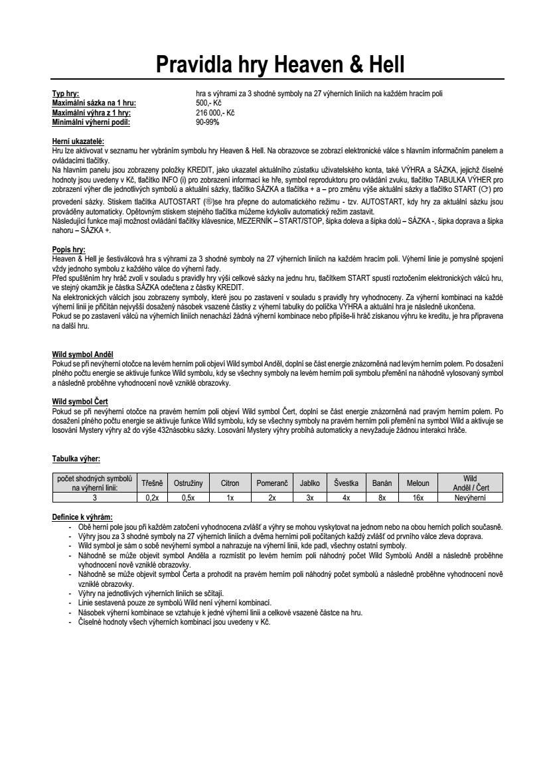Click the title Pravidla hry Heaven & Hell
tap(279, 64)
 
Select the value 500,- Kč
tap(208, 104)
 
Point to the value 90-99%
tap(207, 122)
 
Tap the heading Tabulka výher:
tap(76, 458)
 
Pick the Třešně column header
tap(152, 483)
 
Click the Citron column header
tap(230, 483)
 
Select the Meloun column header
tap(418, 483)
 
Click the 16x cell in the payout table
tap(418, 497)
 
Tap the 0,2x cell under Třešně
tap(152, 497)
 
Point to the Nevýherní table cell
tap(470, 497)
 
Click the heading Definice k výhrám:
tap(82, 516)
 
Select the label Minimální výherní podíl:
tap(92, 122)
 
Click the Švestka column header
tap(346, 483)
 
